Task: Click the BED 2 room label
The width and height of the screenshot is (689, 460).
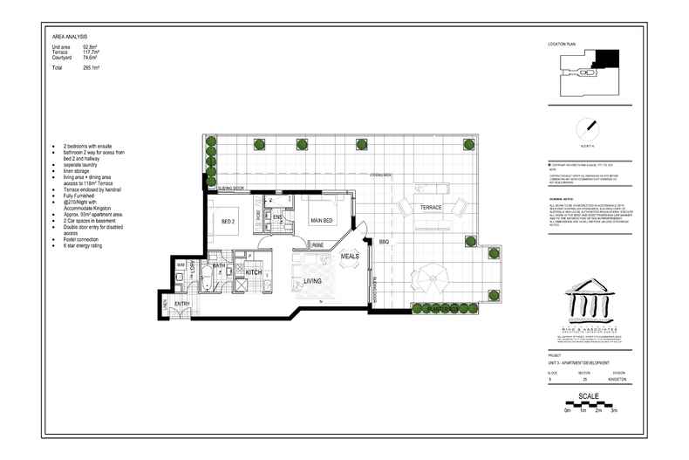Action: [229, 220]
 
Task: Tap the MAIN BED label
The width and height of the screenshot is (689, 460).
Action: [324, 221]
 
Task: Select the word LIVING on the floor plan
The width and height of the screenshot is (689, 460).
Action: [311, 281]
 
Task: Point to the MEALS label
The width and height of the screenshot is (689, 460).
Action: [350, 257]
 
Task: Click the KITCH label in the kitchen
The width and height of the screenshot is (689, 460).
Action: [254, 273]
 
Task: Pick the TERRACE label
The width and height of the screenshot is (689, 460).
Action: [430, 208]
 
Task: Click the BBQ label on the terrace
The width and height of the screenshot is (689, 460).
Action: [384, 242]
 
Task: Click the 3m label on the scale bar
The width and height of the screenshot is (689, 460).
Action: [613, 409]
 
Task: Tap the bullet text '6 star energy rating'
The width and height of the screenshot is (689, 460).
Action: [85, 246]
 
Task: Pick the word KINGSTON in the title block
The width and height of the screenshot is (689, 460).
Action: [622, 378]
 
